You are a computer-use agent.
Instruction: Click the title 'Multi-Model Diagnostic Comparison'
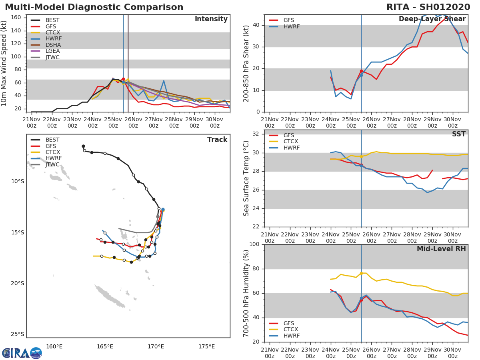click(x=94, y=7)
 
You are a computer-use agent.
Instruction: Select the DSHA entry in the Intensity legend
click(x=52, y=45)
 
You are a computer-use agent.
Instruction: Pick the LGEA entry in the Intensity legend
click(x=52, y=51)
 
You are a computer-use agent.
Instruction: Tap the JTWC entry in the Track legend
click(x=52, y=164)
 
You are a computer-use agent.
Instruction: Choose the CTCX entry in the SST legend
click(x=291, y=142)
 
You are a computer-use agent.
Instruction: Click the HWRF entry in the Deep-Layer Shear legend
click(x=291, y=26)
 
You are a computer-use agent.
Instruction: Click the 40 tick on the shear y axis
click(x=256, y=25)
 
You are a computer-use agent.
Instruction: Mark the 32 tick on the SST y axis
click(x=256, y=134)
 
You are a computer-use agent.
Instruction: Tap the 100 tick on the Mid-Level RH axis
click(x=255, y=244)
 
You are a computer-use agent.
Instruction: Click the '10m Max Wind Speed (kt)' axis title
click(x=4, y=63)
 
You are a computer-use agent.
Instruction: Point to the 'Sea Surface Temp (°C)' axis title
click(x=246, y=178)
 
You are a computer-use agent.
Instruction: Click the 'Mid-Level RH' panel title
click(x=441, y=249)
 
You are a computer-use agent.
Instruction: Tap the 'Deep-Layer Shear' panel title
click(x=432, y=19)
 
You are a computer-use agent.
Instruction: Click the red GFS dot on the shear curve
click(x=361, y=71)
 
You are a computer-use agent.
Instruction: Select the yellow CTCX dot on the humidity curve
click(x=361, y=273)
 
